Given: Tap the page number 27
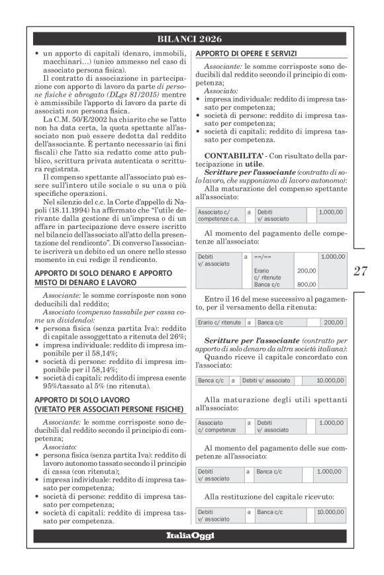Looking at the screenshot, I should click(x=360, y=289).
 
